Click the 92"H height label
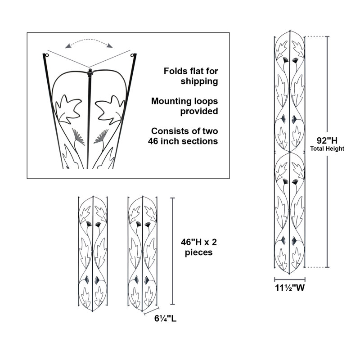327,140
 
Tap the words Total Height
327,149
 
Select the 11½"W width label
290,288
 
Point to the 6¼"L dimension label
165,319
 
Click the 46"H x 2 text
199,242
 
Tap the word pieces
199,252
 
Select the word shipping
199,81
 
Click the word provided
199,111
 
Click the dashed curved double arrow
89,40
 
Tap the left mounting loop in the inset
47,55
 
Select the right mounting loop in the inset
132,55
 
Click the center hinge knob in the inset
90,72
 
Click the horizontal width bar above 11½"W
290,279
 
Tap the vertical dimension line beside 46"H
173,251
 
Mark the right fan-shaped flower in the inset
101,137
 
